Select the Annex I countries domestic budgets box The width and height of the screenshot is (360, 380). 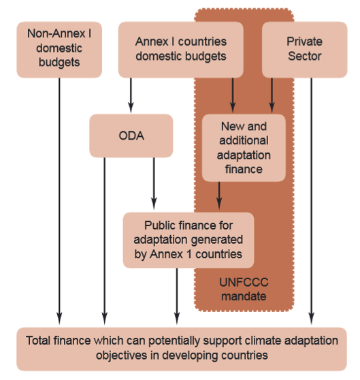[x=181, y=48]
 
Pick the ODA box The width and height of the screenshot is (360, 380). [x=131, y=136]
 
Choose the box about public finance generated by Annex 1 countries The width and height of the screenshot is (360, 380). [x=189, y=239]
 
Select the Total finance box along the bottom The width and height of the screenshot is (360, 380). [x=180, y=349]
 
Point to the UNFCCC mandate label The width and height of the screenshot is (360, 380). [x=244, y=289]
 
